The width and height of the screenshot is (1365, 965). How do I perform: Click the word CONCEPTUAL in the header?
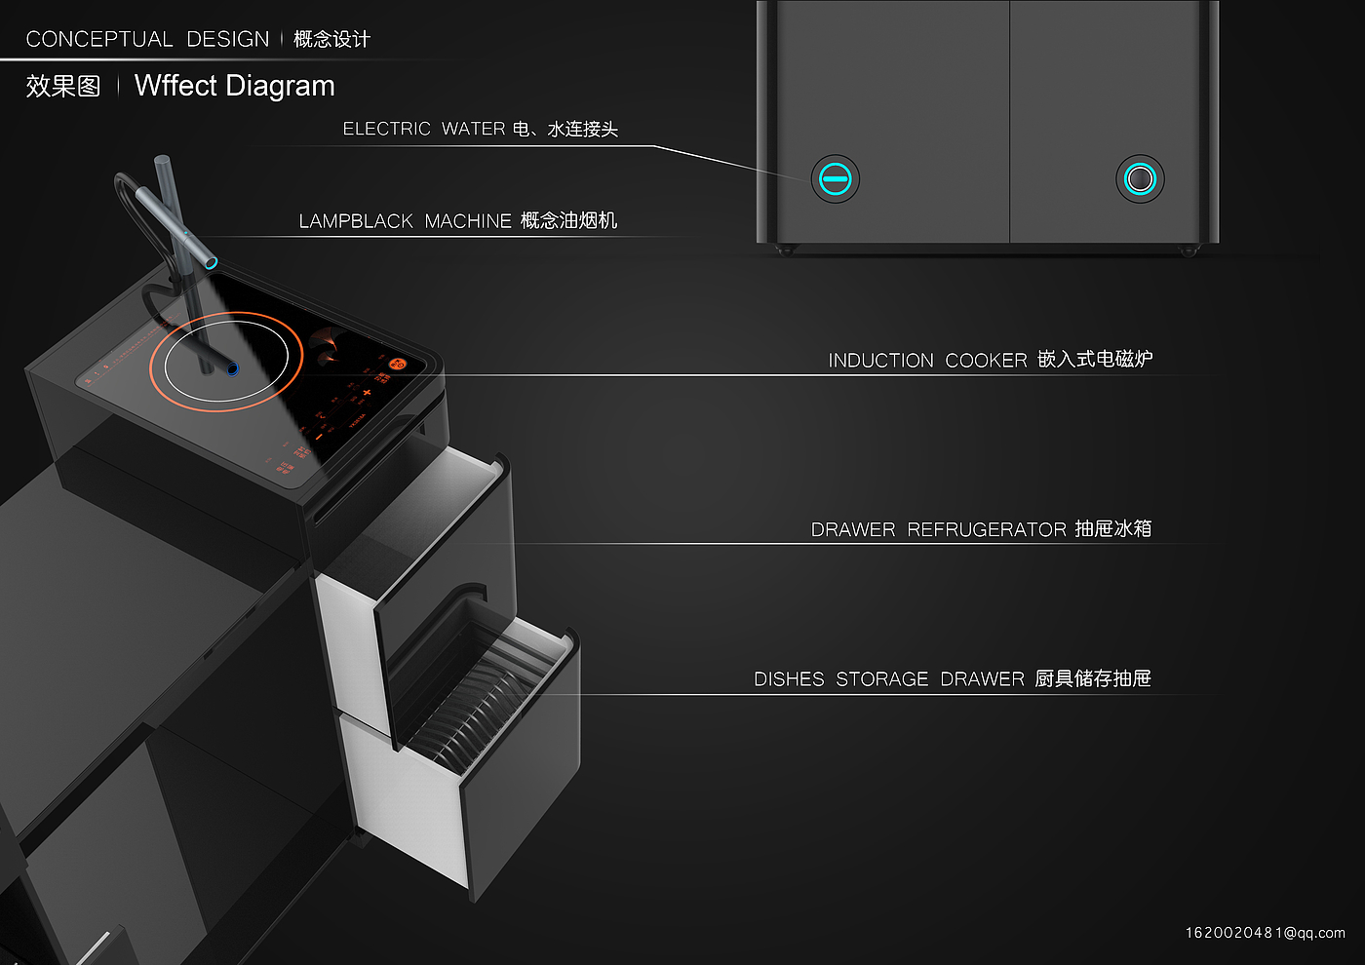click(99, 39)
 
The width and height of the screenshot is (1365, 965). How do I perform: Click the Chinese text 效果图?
click(63, 87)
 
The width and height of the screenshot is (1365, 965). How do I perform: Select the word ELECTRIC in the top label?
click(386, 130)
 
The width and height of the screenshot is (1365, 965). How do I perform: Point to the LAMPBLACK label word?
click(356, 221)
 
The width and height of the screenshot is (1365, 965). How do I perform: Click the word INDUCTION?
click(880, 361)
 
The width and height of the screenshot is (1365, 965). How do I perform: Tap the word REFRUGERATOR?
click(987, 529)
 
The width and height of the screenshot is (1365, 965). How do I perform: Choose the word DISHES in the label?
click(789, 679)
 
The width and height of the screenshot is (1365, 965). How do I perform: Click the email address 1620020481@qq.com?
click(1265, 933)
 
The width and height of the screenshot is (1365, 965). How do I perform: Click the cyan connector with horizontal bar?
click(836, 179)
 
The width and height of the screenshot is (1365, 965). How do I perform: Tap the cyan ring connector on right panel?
click(1140, 179)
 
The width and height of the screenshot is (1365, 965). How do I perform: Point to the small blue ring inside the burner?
click(233, 367)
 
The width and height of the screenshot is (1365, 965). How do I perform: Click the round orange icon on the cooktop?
click(397, 364)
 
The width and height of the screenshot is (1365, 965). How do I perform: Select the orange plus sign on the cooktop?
click(367, 393)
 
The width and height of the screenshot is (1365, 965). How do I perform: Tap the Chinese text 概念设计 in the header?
click(331, 39)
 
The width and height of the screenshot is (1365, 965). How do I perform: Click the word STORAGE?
click(881, 679)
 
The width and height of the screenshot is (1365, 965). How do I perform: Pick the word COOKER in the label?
click(986, 361)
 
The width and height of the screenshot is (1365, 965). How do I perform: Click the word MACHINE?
click(467, 221)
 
